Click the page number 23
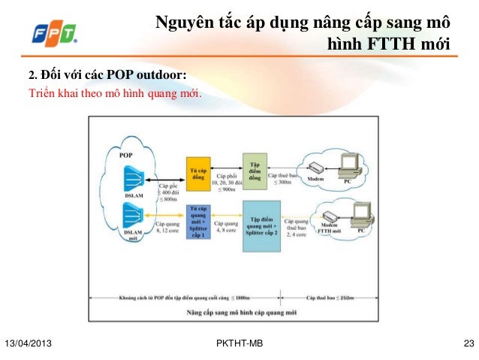point(469,344)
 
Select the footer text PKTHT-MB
point(239,344)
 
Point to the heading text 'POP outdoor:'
point(147,75)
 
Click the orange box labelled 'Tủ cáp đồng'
point(197,174)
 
